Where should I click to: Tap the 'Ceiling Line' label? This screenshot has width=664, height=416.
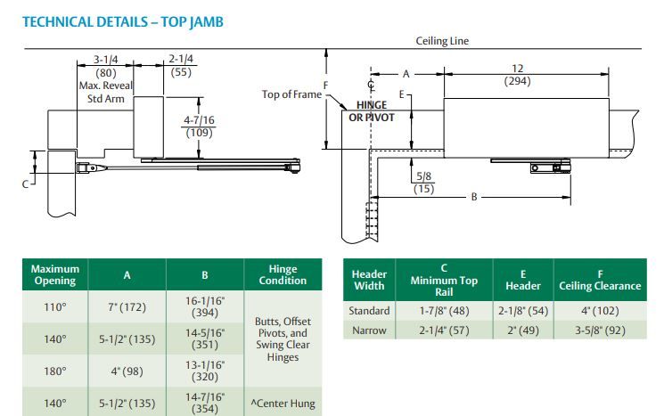[442, 41]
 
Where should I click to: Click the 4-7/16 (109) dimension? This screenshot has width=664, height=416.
[197, 126]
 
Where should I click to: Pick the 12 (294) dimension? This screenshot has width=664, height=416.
[517, 76]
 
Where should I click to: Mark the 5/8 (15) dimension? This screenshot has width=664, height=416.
[424, 183]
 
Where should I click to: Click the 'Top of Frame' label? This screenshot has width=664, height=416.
[290, 94]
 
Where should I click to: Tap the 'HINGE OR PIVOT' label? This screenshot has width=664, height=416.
[370, 111]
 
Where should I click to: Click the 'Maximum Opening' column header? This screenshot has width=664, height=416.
[55, 274]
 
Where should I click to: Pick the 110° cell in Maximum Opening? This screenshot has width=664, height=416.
[55, 307]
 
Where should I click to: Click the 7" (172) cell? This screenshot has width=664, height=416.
[127, 307]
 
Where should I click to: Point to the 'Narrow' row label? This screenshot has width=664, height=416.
[370, 329]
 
